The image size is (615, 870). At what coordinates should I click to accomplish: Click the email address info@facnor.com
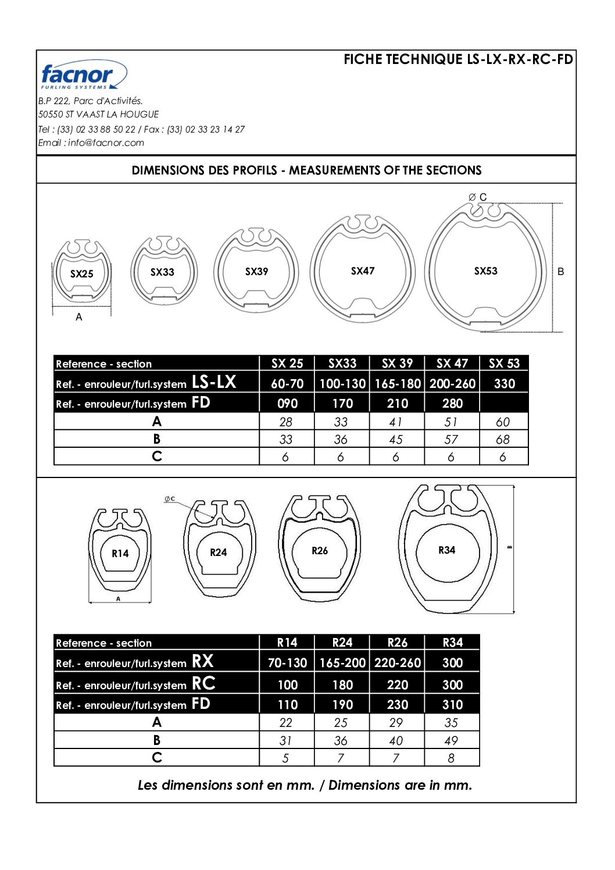click(106, 143)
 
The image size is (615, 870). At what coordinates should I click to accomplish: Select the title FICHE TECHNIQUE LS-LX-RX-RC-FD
click(458, 59)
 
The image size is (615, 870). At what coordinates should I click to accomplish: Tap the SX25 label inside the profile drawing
click(81, 274)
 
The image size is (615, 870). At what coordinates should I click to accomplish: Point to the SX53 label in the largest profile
click(485, 271)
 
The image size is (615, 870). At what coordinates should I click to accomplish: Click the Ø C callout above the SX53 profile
click(478, 197)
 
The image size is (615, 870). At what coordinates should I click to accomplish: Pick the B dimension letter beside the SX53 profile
click(560, 272)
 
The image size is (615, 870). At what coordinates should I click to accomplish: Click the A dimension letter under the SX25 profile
click(79, 318)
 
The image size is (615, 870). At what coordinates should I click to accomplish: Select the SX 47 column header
click(452, 363)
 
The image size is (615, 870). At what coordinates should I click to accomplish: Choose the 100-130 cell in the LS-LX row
click(342, 384)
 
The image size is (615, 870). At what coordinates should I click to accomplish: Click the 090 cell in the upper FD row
click(287, 404)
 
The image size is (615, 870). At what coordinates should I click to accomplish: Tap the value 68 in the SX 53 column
click(503, 440)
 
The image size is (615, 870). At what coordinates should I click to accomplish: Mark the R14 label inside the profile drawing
click(120, 554)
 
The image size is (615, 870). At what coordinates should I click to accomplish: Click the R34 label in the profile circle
click(446, 550)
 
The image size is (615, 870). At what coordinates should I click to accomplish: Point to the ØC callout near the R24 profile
click(170, 499)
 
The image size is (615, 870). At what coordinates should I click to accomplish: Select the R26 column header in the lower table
click(398, 643)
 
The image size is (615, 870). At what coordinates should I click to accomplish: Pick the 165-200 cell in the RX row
click(342, 663)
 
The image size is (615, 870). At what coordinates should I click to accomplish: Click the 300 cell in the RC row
click(452, 685)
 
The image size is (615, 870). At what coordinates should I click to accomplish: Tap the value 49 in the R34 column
click(451, 741)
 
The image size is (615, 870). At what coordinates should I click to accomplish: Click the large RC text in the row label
click(203, 683)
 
